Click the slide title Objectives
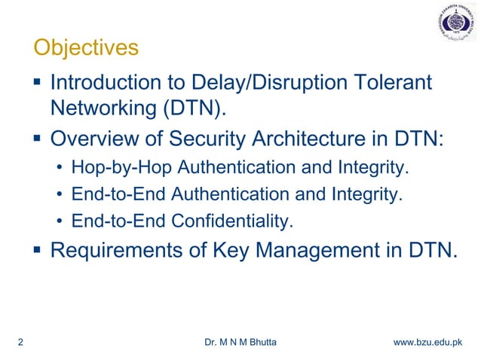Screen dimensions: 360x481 coord(86,48)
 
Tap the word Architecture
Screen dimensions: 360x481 coord(313,140)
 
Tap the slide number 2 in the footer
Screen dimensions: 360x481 coord(19,342)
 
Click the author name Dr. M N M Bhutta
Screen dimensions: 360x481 coord(240,342)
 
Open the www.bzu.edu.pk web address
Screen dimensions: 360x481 coord(427,342)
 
